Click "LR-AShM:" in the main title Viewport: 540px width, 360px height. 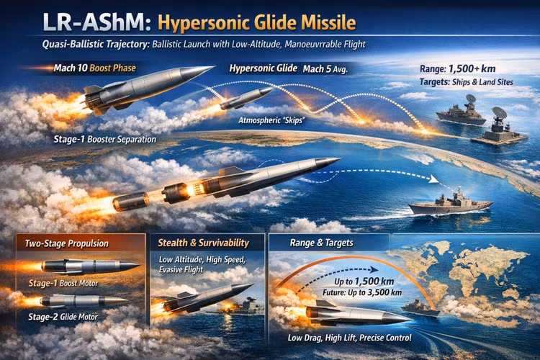pyautogui.click(x=97, y=22)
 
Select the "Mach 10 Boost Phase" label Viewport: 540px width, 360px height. pyautogui.click(x=95, y=68)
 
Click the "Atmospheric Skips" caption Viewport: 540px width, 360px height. pyautogui.click(x=271, y=120)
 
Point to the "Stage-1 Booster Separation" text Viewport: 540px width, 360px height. pyautogui.click(x=104, y=140)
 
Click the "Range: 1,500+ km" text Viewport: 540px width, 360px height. pyautogui.click(x=457, y=69)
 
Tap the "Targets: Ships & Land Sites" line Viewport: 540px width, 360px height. pyautogui.click(x=467, y=82)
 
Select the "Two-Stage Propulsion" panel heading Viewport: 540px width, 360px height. pyautogui.click(x=66, y=243)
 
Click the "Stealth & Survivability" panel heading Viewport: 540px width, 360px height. pyautogui.click(x=203, y=243)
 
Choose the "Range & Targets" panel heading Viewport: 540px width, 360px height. pyautogui.click(x=321, y=243)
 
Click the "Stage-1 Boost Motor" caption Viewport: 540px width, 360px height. pyautogui.click(x=63, y=283)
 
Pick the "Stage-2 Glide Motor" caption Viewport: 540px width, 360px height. pyautogui.click(x=63, y=317)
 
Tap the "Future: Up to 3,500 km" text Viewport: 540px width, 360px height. pyautogui.click(x=362, y=293)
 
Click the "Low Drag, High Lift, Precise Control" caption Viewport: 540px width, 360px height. pyautogui.click(x=349, y=338)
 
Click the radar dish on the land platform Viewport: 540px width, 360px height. pyautogui.click(x=500, y=113)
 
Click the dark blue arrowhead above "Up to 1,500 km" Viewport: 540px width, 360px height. pyautogui.click(x=374, y=270)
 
